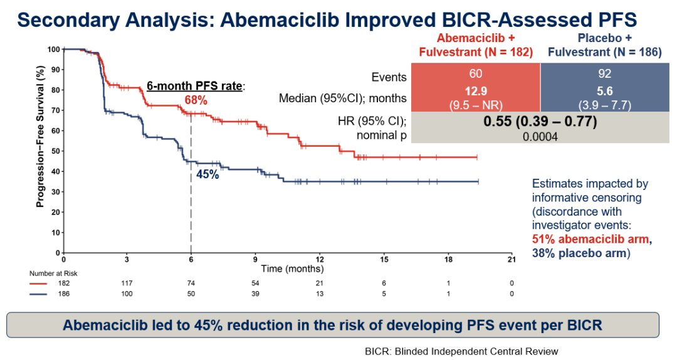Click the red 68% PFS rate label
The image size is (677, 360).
196,100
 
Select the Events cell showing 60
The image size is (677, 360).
475,74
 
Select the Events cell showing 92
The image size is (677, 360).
604,74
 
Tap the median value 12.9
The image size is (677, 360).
475,92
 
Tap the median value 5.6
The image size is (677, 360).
604,92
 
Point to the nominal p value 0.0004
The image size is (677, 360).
540,137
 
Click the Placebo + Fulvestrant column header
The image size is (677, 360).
604,45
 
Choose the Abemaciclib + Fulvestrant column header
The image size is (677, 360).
475,45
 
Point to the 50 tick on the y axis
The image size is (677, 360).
57,151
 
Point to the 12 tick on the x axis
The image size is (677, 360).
320,258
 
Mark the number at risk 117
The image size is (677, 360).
127,283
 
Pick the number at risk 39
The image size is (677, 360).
255,294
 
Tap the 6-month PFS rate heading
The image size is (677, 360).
195,86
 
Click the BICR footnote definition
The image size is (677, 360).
461,351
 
